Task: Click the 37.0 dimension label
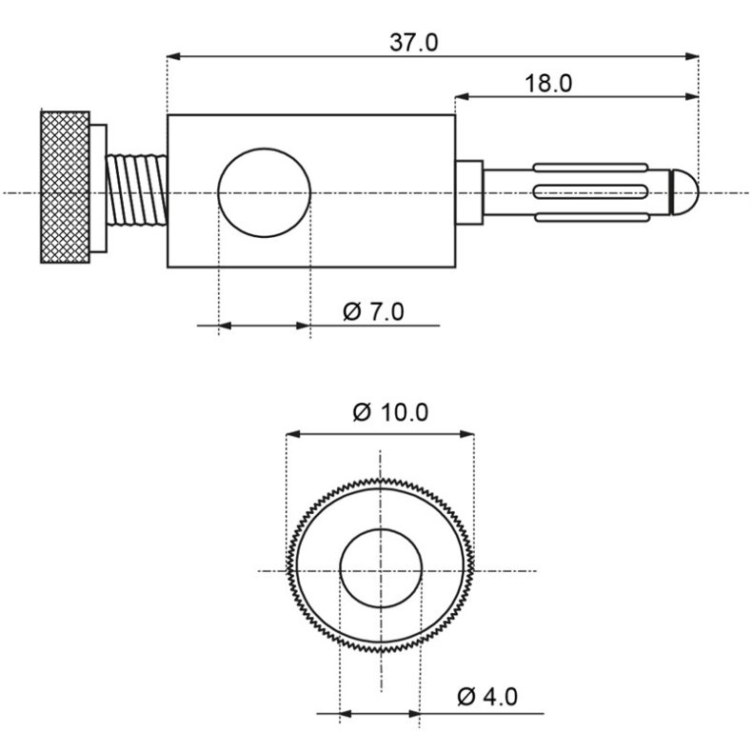413,43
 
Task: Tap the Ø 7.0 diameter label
372,311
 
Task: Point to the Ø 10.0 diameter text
390,412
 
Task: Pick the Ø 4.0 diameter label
486,697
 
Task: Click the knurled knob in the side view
65,188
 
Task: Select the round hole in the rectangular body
265,192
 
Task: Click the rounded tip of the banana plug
687,191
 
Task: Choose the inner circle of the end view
380,569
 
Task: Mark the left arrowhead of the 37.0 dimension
172,56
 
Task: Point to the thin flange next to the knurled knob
99,190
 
